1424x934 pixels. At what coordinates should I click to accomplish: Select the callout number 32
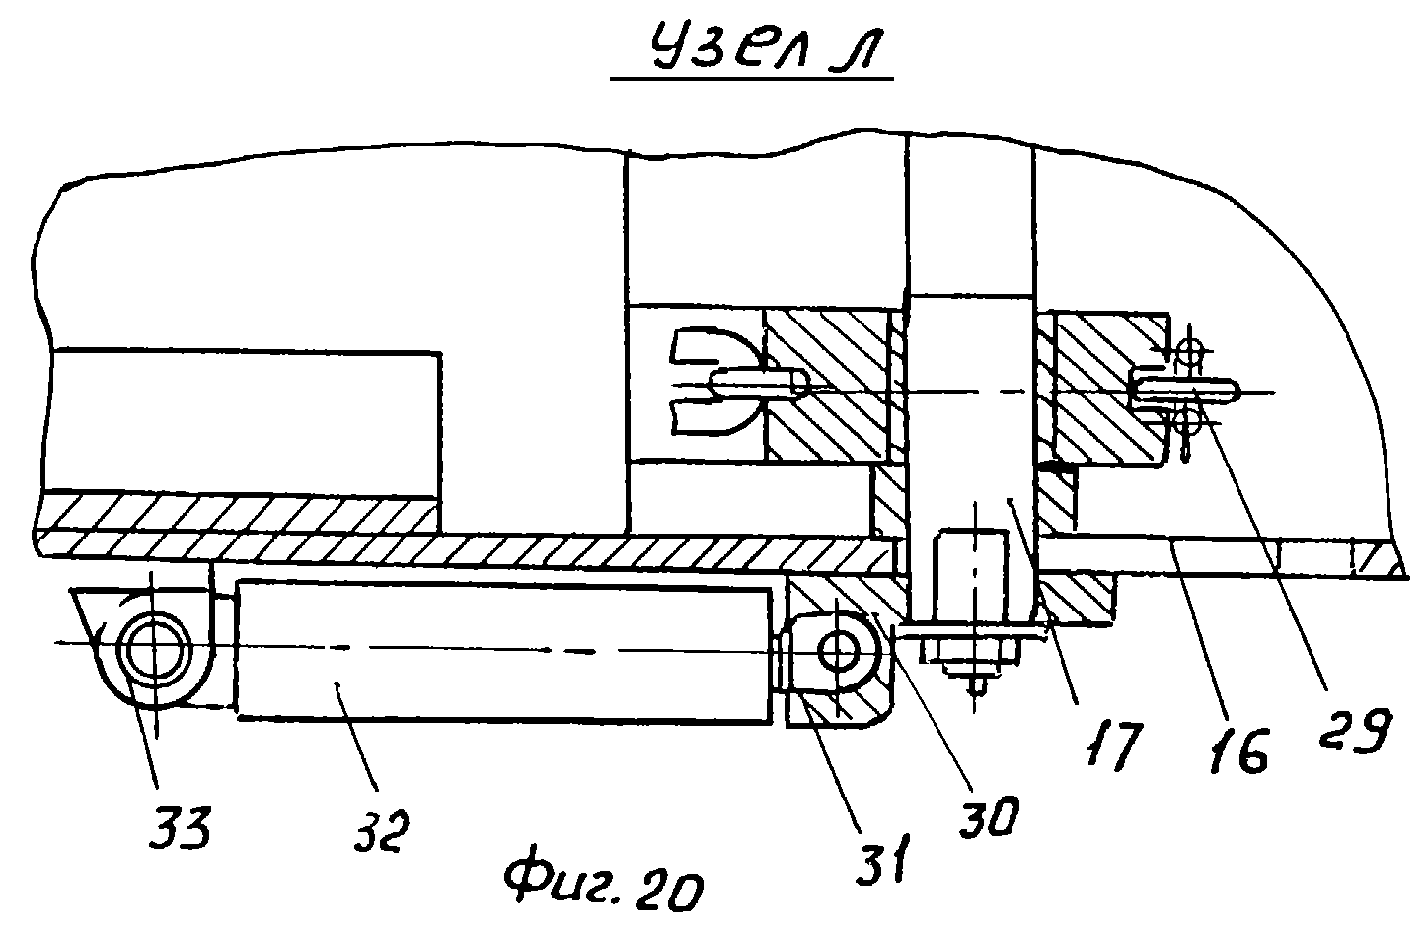click(x=376, y=827)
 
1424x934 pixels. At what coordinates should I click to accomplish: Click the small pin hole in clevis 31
click(x=843, y=650)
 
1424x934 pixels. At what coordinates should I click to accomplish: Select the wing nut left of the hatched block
click(x=712, y=382)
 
